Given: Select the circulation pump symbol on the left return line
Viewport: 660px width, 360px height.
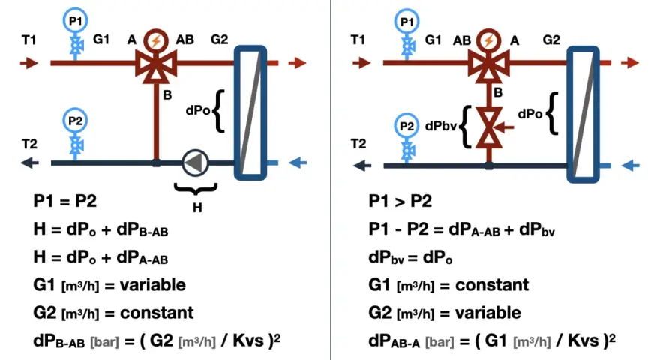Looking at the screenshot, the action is (196, 163).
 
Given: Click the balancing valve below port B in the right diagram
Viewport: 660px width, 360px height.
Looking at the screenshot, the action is (489, 127).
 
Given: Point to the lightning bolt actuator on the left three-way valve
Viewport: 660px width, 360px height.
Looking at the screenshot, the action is (156, 41).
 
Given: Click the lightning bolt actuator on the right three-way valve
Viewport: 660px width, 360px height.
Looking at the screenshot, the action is (489, 41).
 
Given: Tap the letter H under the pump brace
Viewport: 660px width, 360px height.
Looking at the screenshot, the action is (197, 208).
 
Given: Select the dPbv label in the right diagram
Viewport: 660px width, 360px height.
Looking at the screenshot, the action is (441, 126).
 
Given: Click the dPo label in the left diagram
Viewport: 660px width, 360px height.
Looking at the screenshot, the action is (198, 110).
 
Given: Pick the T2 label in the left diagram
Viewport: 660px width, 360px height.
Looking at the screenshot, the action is (29, 145).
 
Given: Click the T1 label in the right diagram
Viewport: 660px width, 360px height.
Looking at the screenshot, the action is (358, 40).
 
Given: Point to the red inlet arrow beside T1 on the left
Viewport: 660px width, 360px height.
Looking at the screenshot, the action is (29, 63).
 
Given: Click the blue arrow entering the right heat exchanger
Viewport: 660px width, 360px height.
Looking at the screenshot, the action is (631, 166).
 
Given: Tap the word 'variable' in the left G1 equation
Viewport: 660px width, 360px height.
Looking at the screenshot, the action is (153, 285).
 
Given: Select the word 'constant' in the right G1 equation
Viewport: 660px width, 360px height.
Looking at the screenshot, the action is (492, 285).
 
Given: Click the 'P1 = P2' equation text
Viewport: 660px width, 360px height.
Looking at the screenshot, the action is (64, 201).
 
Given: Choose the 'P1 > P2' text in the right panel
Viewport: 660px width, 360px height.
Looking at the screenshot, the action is (400, 201).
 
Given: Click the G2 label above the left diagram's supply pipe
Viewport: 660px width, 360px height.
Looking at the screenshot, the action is (219, 40).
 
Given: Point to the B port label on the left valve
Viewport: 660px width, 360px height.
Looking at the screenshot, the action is (167, 95).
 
